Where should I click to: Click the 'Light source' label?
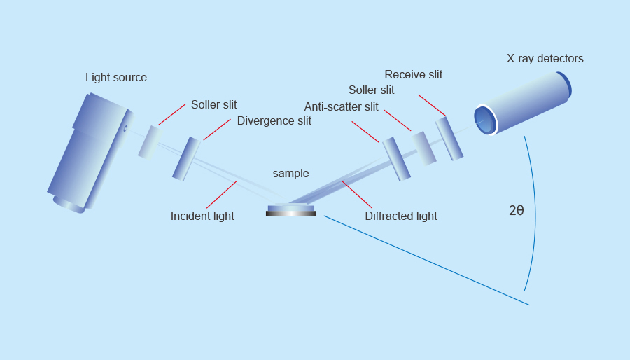click(x=116, y=78)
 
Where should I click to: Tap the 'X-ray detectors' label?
click(x=545, y=59)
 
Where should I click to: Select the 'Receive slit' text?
click(x=413, y=75)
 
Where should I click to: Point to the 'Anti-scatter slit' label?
click(x=341, y=107)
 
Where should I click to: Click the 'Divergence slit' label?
click(x=274, y=120)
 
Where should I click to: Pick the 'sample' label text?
click(x=290, y=174)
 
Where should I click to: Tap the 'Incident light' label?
click(x=202, y=216)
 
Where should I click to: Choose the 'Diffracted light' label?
click(x=400, y=216)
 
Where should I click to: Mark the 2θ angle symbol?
click(x=516, y=210)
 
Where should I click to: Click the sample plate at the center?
click(x=291, y=209)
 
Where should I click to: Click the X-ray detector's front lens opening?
click(x=484, y=119)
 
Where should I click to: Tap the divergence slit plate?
click(x=185, y=159)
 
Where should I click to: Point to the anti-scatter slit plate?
click(x=395, y=159)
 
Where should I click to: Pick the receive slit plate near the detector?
click(x=449, y=138)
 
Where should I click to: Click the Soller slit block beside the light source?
click(x=148, y=142)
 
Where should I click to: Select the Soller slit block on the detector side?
click(x=423, y=148)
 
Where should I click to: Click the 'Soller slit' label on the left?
click(x=213, y=105)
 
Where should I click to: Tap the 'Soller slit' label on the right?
click(x=371, y=90)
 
